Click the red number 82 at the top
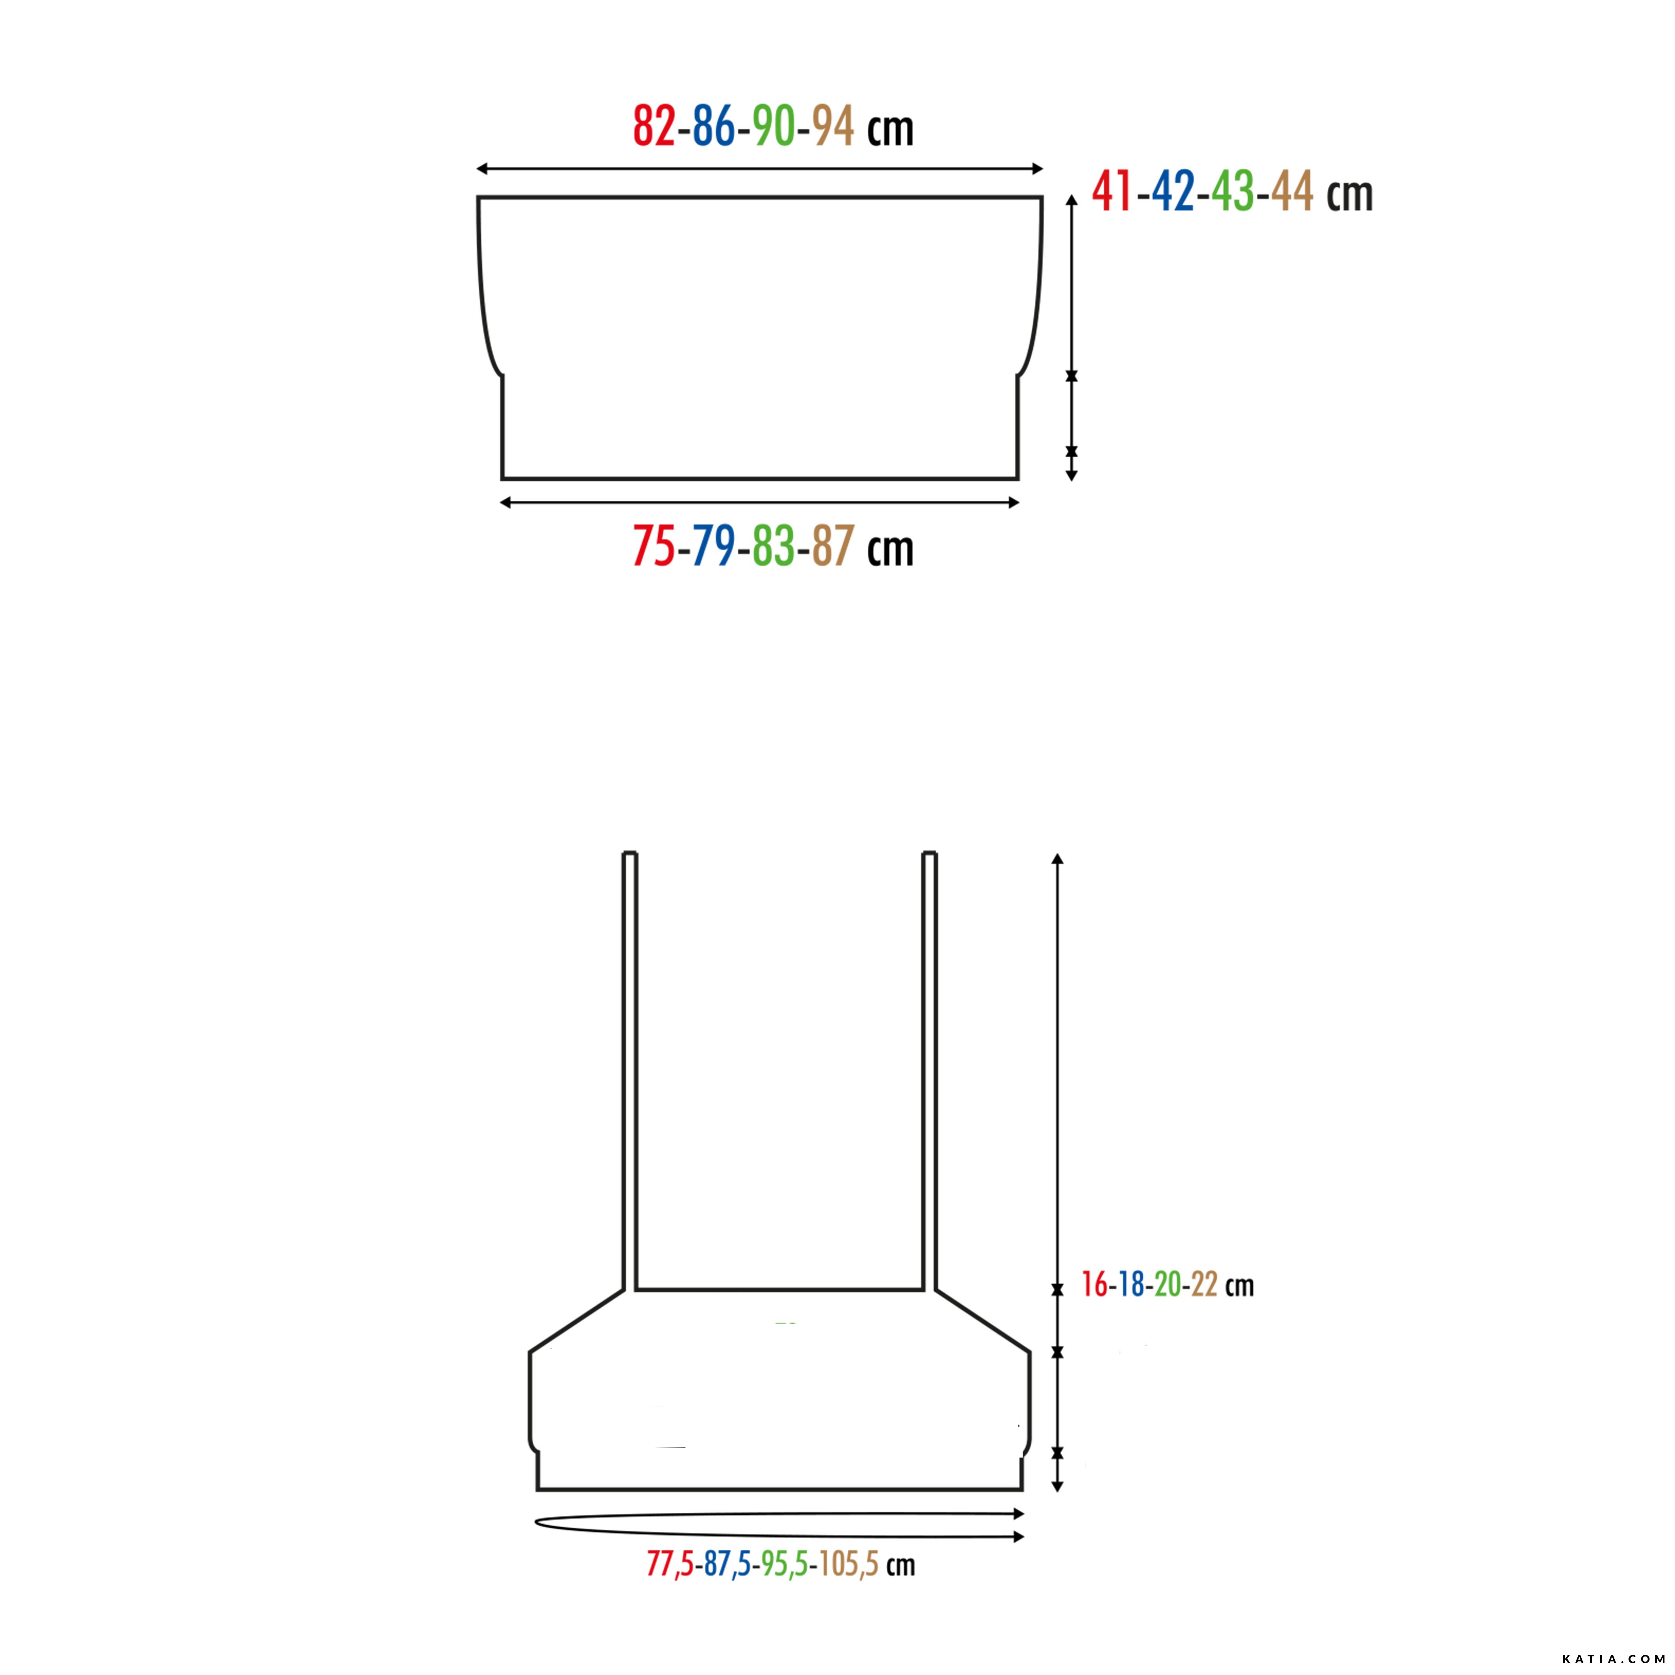click(x=654, y=126)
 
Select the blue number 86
click(x=713, y=126)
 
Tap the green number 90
click(x=773, y=126)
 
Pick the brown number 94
click(x=833, y=126)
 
